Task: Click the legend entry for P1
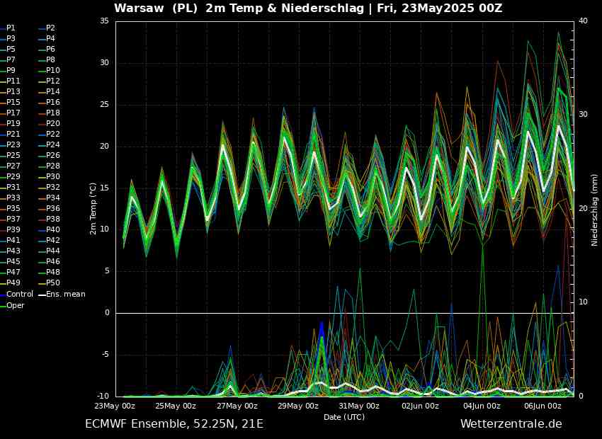pos(8,28)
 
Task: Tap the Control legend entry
pos(17,294)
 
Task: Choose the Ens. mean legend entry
pos(62,295)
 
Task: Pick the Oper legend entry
pos(12,305)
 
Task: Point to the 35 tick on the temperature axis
pos(104,21)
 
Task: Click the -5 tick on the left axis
pos(105,354)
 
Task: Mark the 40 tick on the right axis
pos(583,21)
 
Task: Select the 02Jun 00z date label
pos(421,406)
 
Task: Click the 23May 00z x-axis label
pos(115,406)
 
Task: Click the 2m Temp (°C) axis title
pos(93,209)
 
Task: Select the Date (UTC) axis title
pos(344,417)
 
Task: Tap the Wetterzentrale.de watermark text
pos(511,423)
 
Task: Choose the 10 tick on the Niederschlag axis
pos(583,302)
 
